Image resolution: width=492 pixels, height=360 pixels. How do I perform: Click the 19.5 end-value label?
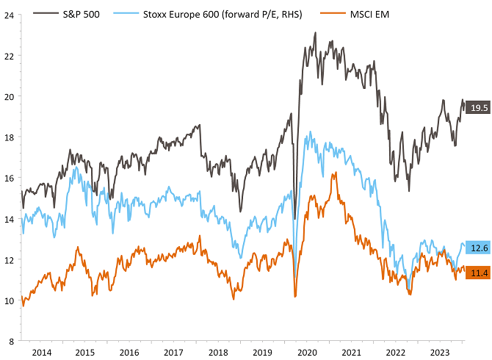coord(479,108)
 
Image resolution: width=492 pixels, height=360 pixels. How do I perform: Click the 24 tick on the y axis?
coord(8,15)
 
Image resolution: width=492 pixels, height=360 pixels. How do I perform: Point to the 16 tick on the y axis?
coord(8,178)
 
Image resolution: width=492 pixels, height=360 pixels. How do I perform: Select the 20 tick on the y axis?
coord(8,96)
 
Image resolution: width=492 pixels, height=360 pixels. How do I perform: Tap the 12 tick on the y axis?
coord(8,260)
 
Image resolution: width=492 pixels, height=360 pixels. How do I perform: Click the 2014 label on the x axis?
coord(43,352)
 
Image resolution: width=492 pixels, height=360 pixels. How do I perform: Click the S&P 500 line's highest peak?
coord(315,33)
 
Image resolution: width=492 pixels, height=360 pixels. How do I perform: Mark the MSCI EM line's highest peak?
coord(335,173)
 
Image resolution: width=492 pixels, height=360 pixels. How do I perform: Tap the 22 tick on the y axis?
coord(8,56)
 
